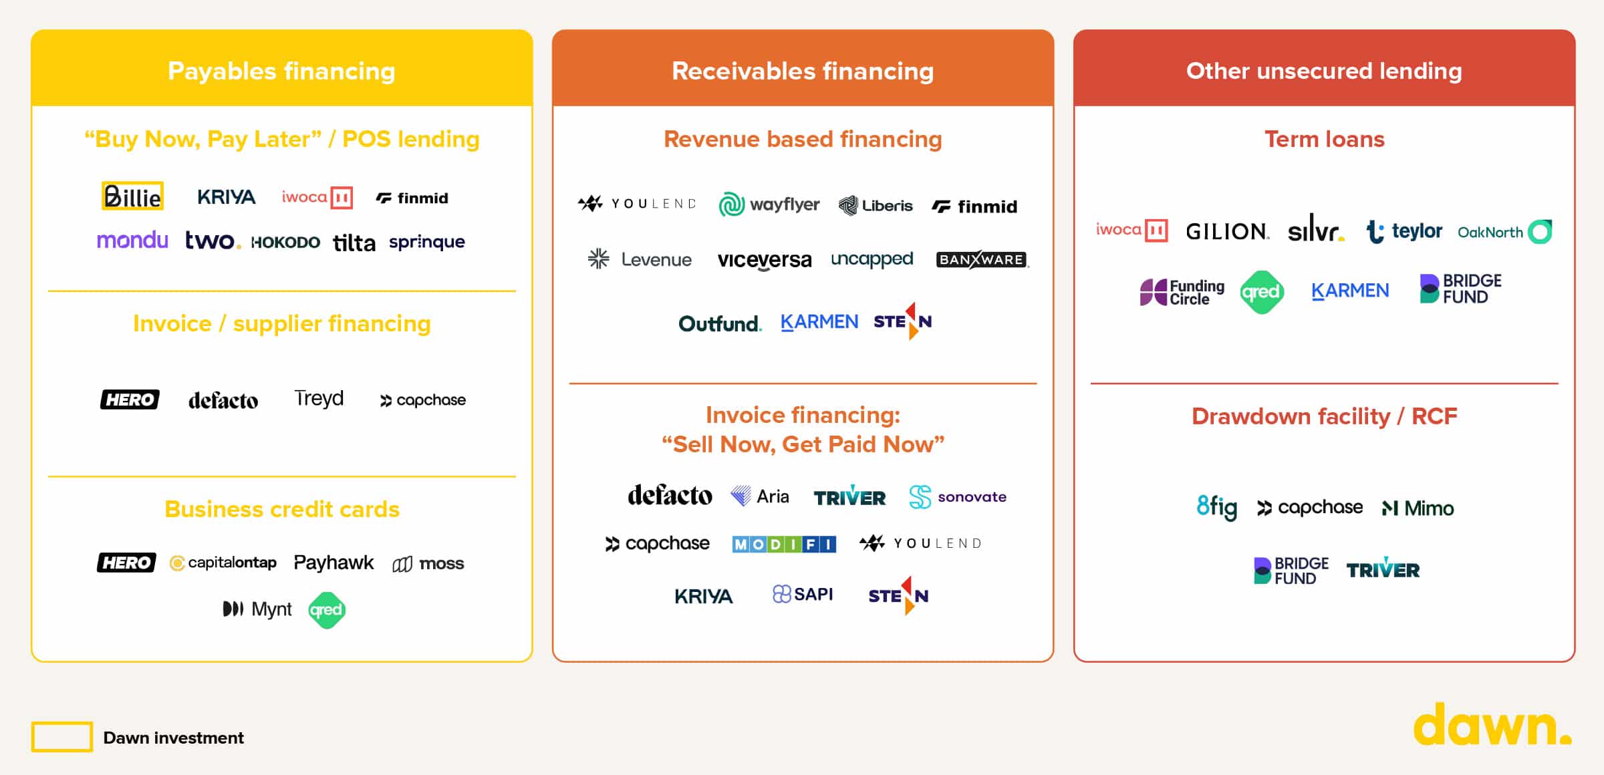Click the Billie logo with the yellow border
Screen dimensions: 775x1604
click(132, 196)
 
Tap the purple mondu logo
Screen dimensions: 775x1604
click(132, 241)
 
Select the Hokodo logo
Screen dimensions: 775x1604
click(285, 242)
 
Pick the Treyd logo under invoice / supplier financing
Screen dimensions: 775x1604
click(319, 399)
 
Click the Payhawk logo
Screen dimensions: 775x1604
click(333, 563)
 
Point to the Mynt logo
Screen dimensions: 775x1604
click(257, 609)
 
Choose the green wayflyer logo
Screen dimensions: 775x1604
click(769, 204)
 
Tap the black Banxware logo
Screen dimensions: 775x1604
click(981, 259)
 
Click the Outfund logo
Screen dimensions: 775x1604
click(720, 324)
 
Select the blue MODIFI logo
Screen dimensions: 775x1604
click(783, 544)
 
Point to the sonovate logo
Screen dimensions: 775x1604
click(958, 496)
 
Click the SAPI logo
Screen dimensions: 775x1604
click(802, 594)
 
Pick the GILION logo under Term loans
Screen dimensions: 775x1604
click(1227, 231)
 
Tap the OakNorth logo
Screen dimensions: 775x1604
click(1504, 232)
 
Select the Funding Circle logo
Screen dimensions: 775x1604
click(1182, 292)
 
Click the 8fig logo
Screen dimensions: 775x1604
click(1216, 507)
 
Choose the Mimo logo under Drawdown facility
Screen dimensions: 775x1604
click(1418, 508)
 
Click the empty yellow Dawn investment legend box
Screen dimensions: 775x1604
click(61, 737)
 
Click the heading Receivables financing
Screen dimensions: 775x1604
click(803, 71)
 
